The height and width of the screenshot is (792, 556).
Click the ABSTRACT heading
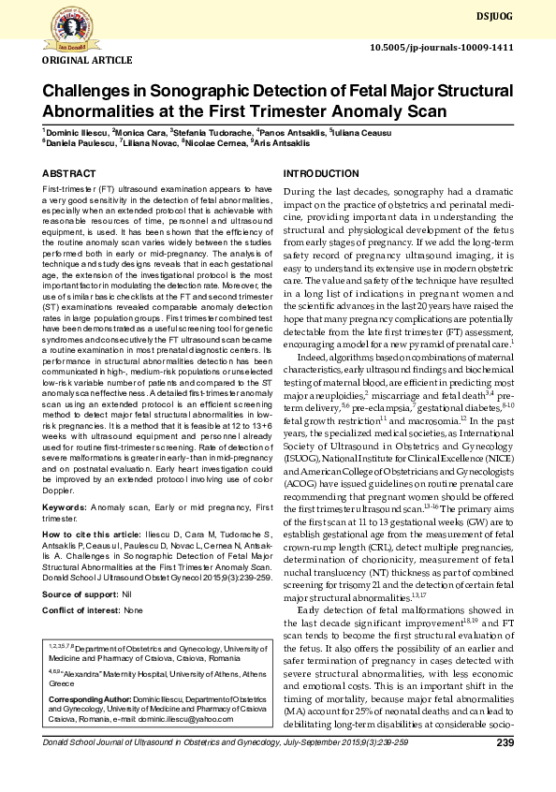pyautogui.click(x=68, y=174)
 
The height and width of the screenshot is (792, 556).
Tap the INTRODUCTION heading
pyautogui.click(x=320, y=174)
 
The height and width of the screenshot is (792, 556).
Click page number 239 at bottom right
pyautogui.click(x=505, y=743)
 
